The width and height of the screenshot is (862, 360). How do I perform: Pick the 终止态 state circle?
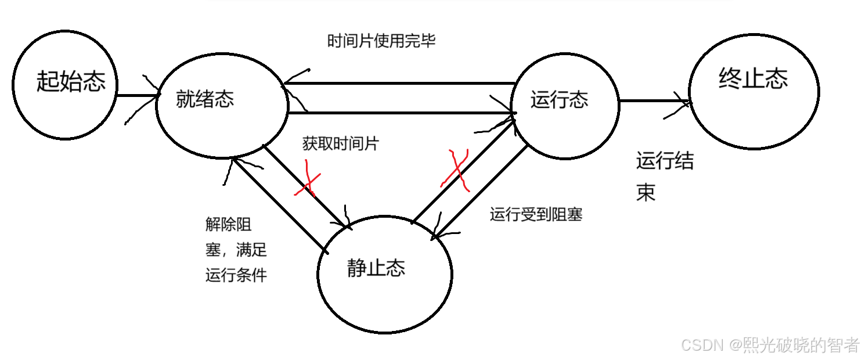pos(753,90)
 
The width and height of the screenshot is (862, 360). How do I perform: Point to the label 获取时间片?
pos(340,143)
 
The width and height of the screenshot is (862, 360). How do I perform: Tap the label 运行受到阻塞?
pos(536,215)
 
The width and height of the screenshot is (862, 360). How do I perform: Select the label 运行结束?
pos(664,176)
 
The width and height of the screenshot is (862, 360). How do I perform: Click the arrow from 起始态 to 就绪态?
pos(137,95)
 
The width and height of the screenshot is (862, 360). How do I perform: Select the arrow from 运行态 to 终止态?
pos(653,102)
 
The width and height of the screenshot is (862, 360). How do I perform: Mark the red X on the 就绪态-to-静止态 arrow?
pos(307,183)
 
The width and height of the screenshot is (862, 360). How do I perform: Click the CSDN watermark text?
pos(770,345)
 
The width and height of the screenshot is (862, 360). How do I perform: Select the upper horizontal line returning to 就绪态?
pos(401,84)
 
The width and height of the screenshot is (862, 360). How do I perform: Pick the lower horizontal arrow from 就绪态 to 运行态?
pos(401,112)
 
